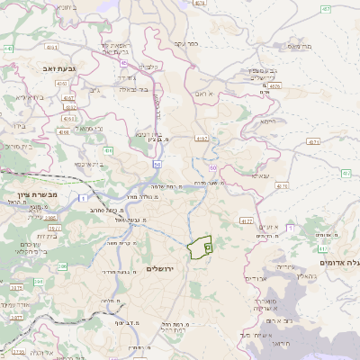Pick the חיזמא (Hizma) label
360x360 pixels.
(x=266, y=120)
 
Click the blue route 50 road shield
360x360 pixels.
(x=157, y=165)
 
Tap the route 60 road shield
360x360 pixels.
(x=213, y=168)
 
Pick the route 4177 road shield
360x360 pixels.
(x=246, y=220)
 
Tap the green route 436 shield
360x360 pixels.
(x=109, y=150)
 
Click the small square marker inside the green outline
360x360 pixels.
(x=208, y=246)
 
